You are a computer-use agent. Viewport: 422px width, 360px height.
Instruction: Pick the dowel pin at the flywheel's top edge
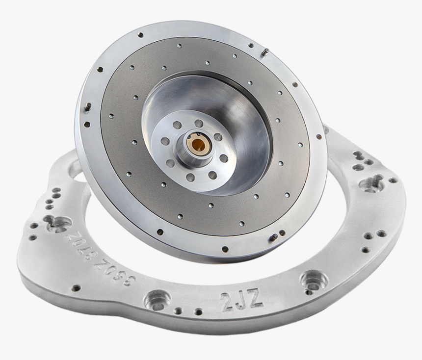click(x=265, y=52)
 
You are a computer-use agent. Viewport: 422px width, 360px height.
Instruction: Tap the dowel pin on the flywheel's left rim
click(x=88, y=106)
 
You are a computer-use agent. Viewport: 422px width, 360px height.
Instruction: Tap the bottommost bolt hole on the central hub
click(x=190, y=177)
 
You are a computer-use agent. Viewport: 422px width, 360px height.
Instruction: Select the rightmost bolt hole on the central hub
click(x=224, y=158)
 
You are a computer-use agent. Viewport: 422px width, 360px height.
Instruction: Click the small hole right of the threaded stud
click(x=393, y=180)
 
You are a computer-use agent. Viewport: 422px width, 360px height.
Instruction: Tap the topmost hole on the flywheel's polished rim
click(x=141, y=35)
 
